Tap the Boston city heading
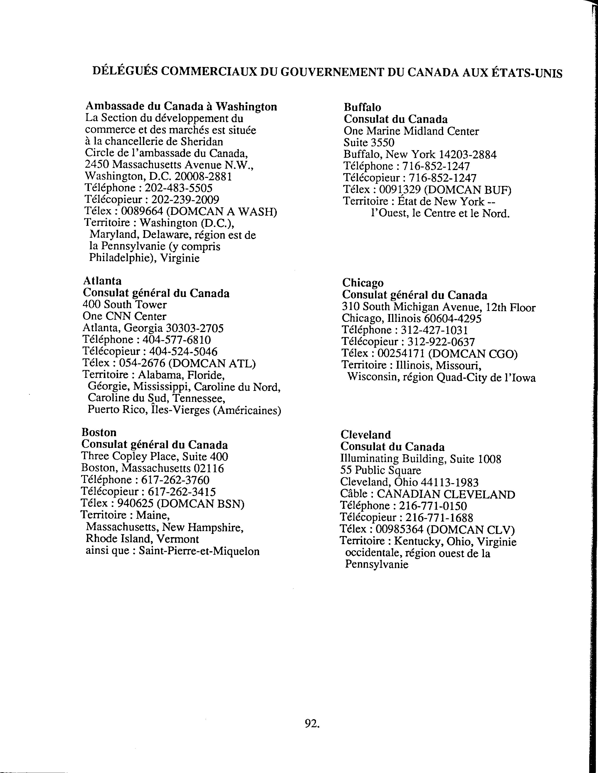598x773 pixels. pos(99,432)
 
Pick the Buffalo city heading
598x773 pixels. pos(362,107)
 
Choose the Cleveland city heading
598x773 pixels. pos(366,435)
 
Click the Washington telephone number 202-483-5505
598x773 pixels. pos(179,188)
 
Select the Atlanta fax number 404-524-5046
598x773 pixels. pos(183,352)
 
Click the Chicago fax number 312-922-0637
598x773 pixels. pos(441,342)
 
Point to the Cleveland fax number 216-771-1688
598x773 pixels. pos(439,518)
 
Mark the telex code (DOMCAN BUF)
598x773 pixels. pos(467,190)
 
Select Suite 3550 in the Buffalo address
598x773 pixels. pos(369,143)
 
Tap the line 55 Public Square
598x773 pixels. pos(381,470)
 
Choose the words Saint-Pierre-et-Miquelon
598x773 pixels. pos(199,551)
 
